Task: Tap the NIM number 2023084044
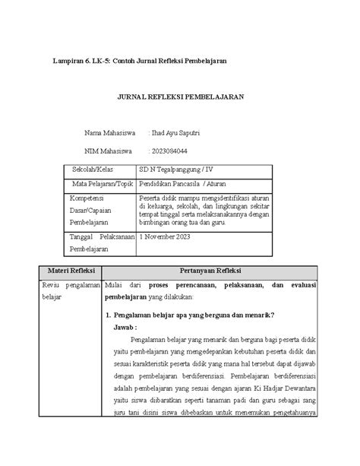point(172,151)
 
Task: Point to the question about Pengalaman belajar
point(191,315)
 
